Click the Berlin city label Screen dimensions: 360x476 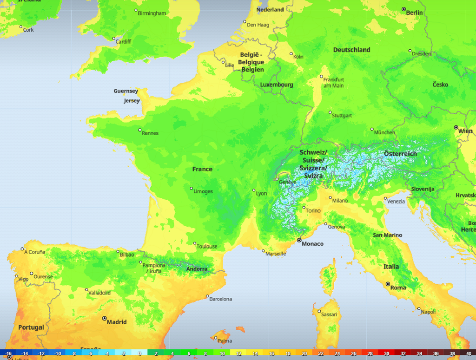[414, 13]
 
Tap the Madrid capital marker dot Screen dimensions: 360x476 [104, 318]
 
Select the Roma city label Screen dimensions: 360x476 [398, 288]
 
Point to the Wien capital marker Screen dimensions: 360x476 [456, 127]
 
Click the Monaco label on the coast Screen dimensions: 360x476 [312, 243]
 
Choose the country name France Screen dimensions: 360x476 [202, 169]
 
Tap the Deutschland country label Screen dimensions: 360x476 [351, 50]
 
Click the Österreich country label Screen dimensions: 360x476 [400, 154]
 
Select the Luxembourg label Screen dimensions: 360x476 [276, 85]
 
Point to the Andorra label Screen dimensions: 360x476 [197, 269]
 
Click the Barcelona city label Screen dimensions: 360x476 [220, 299]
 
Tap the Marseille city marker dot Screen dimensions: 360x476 [263, 251]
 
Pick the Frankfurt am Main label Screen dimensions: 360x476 [333, 83]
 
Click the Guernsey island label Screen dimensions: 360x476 [126, 91]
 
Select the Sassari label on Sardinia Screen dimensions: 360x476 [329, 314]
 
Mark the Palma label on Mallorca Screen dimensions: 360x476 [225, 340]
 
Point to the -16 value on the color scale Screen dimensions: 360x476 [8, 354]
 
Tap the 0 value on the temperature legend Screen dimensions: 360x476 [139, 354]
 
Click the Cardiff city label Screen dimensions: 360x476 [123, 41]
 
